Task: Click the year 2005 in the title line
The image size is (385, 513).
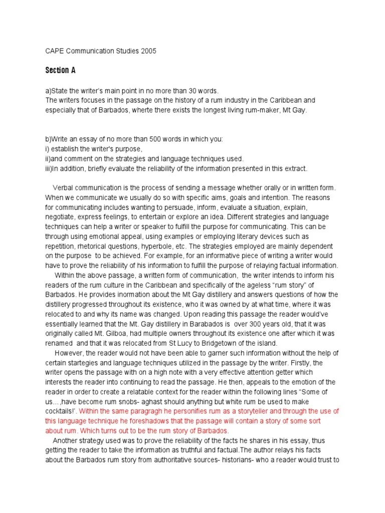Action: (148, 51)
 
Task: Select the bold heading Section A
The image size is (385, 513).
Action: (60, 70)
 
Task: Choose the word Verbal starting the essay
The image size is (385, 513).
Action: (64, 187)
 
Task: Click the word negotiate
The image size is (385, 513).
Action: (61, 216)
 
